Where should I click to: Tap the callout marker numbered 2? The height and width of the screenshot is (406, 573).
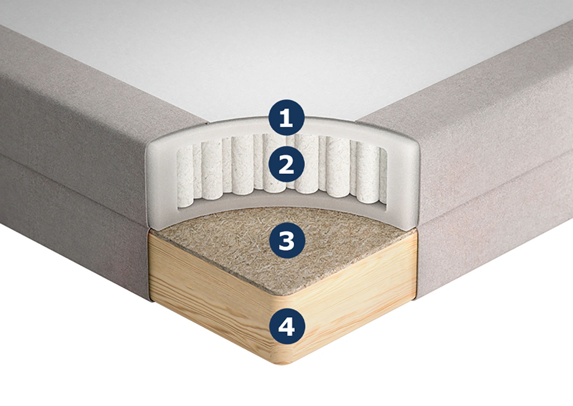tap(286, 165)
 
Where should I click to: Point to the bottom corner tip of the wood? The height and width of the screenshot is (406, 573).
tap(280, 361)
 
